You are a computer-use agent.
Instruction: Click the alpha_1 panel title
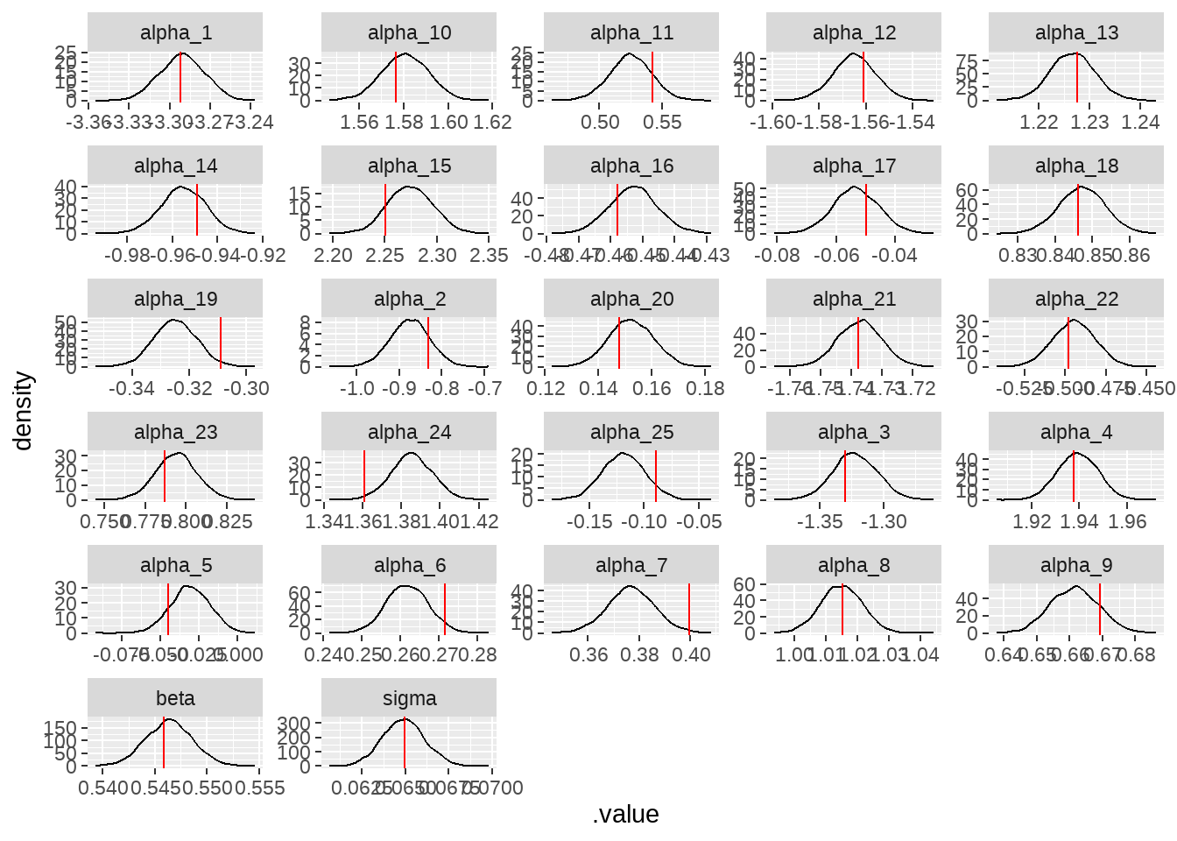(175, 33)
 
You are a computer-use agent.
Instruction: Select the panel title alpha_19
(175, 300)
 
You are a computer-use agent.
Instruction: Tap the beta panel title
(175, 699)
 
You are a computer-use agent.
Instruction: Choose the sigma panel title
(409, 699)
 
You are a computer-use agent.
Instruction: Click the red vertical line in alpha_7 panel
(689, 609)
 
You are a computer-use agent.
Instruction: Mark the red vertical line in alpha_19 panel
(221, 343)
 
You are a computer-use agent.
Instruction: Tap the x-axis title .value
(625, 815)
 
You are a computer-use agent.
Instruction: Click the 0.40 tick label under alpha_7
(691, 655)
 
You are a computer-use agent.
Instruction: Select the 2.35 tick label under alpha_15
(489, 256)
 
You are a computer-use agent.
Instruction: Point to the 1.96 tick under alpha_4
(1127, 522)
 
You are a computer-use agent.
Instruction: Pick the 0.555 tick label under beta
(261, 788)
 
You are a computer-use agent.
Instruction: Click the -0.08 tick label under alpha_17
(778, 256)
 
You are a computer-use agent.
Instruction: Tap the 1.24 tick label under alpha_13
(1140, 123)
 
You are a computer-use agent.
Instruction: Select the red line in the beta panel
(164, 742)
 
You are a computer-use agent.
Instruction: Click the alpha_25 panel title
(631, 433)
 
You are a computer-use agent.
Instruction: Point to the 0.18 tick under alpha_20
(705, 389)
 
